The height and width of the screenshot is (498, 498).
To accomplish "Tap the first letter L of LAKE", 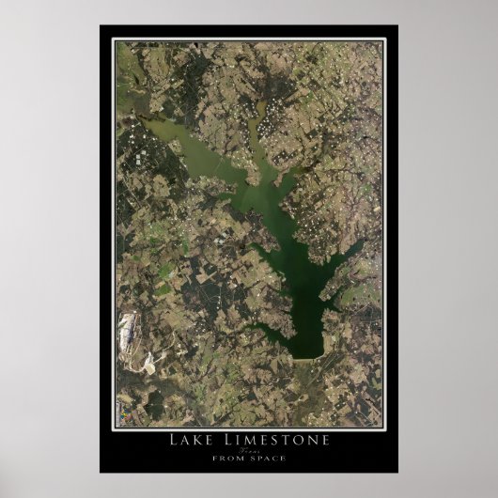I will [173, 439].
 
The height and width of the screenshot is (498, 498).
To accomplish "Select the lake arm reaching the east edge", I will [357, 248].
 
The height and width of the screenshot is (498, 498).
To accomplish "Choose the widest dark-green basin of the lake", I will [306, 310].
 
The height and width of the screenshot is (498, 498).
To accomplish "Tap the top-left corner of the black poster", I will [101, 26].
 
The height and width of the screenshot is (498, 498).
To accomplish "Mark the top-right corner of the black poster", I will [397, 26].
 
